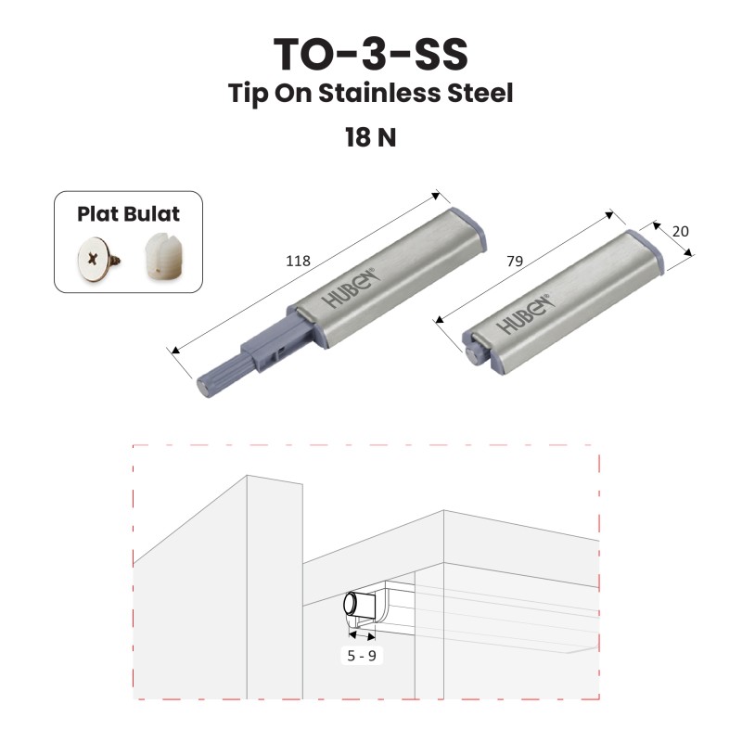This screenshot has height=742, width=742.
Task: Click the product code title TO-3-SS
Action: [x=370, y=54]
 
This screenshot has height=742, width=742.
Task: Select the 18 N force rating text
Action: [x=370, y=137]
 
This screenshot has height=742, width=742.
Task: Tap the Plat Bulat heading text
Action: [x=128, y=214]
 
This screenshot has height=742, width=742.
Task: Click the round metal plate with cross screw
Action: [x=96, y=259]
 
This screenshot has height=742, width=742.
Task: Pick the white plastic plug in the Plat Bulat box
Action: [x=158, y=256]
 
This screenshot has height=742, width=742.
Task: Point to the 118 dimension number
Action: [x=298, y=261]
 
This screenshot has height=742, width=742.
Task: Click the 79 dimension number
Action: [x=515, y=261]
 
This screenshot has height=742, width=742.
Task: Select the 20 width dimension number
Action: [x=680, y=231]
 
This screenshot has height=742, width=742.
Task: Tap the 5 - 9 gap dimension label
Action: [x=362, y=656]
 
